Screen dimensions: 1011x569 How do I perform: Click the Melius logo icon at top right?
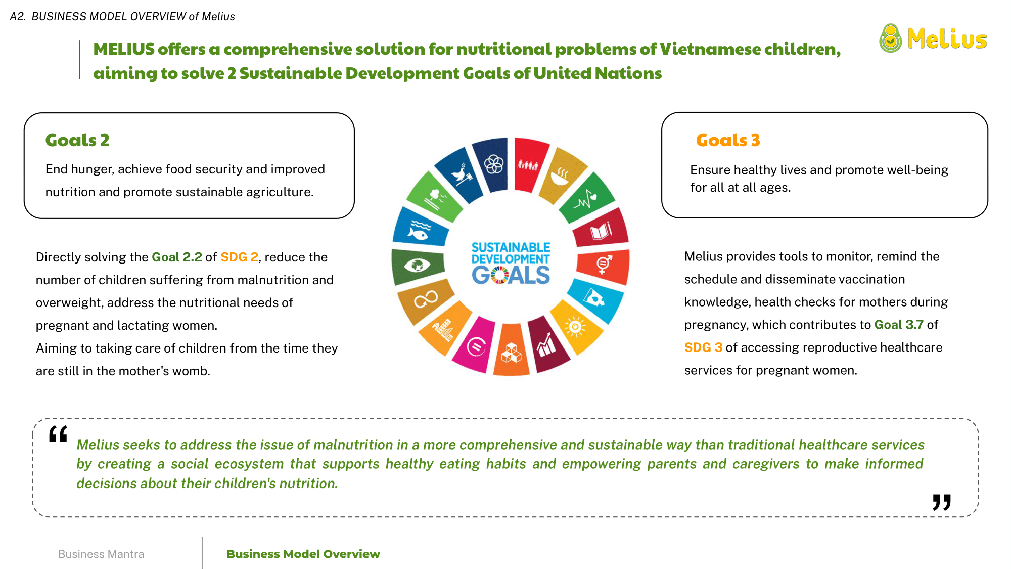pyautogui.click(x=890, y=38)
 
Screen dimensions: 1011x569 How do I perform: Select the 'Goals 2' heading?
pyautogui.click(x=77, y=140)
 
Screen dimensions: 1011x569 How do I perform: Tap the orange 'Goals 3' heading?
pyautogui.click(x=728, y=140)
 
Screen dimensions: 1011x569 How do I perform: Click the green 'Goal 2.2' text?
pyautogui.click(x=177, y=257)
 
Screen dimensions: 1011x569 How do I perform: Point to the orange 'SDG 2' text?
pyautogui.click(x=240, y=257)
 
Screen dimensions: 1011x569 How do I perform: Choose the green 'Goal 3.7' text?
pyautogui.click(x=899, y=325)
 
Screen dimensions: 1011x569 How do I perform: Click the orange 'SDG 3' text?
pyautogui.click(x=703, y=347)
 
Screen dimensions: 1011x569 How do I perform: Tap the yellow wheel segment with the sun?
pyautogui.click(x=576, y=326)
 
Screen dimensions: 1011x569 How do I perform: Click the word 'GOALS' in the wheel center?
pyautogui.click(x=511, y=275)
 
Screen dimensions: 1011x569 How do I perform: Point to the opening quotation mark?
pyautogui.click(x=58, y=434)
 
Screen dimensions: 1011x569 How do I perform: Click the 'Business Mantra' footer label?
pyautogui.click(x=101, y=554)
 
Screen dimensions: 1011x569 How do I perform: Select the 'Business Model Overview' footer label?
pyautogui.click(x=303, y=554)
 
